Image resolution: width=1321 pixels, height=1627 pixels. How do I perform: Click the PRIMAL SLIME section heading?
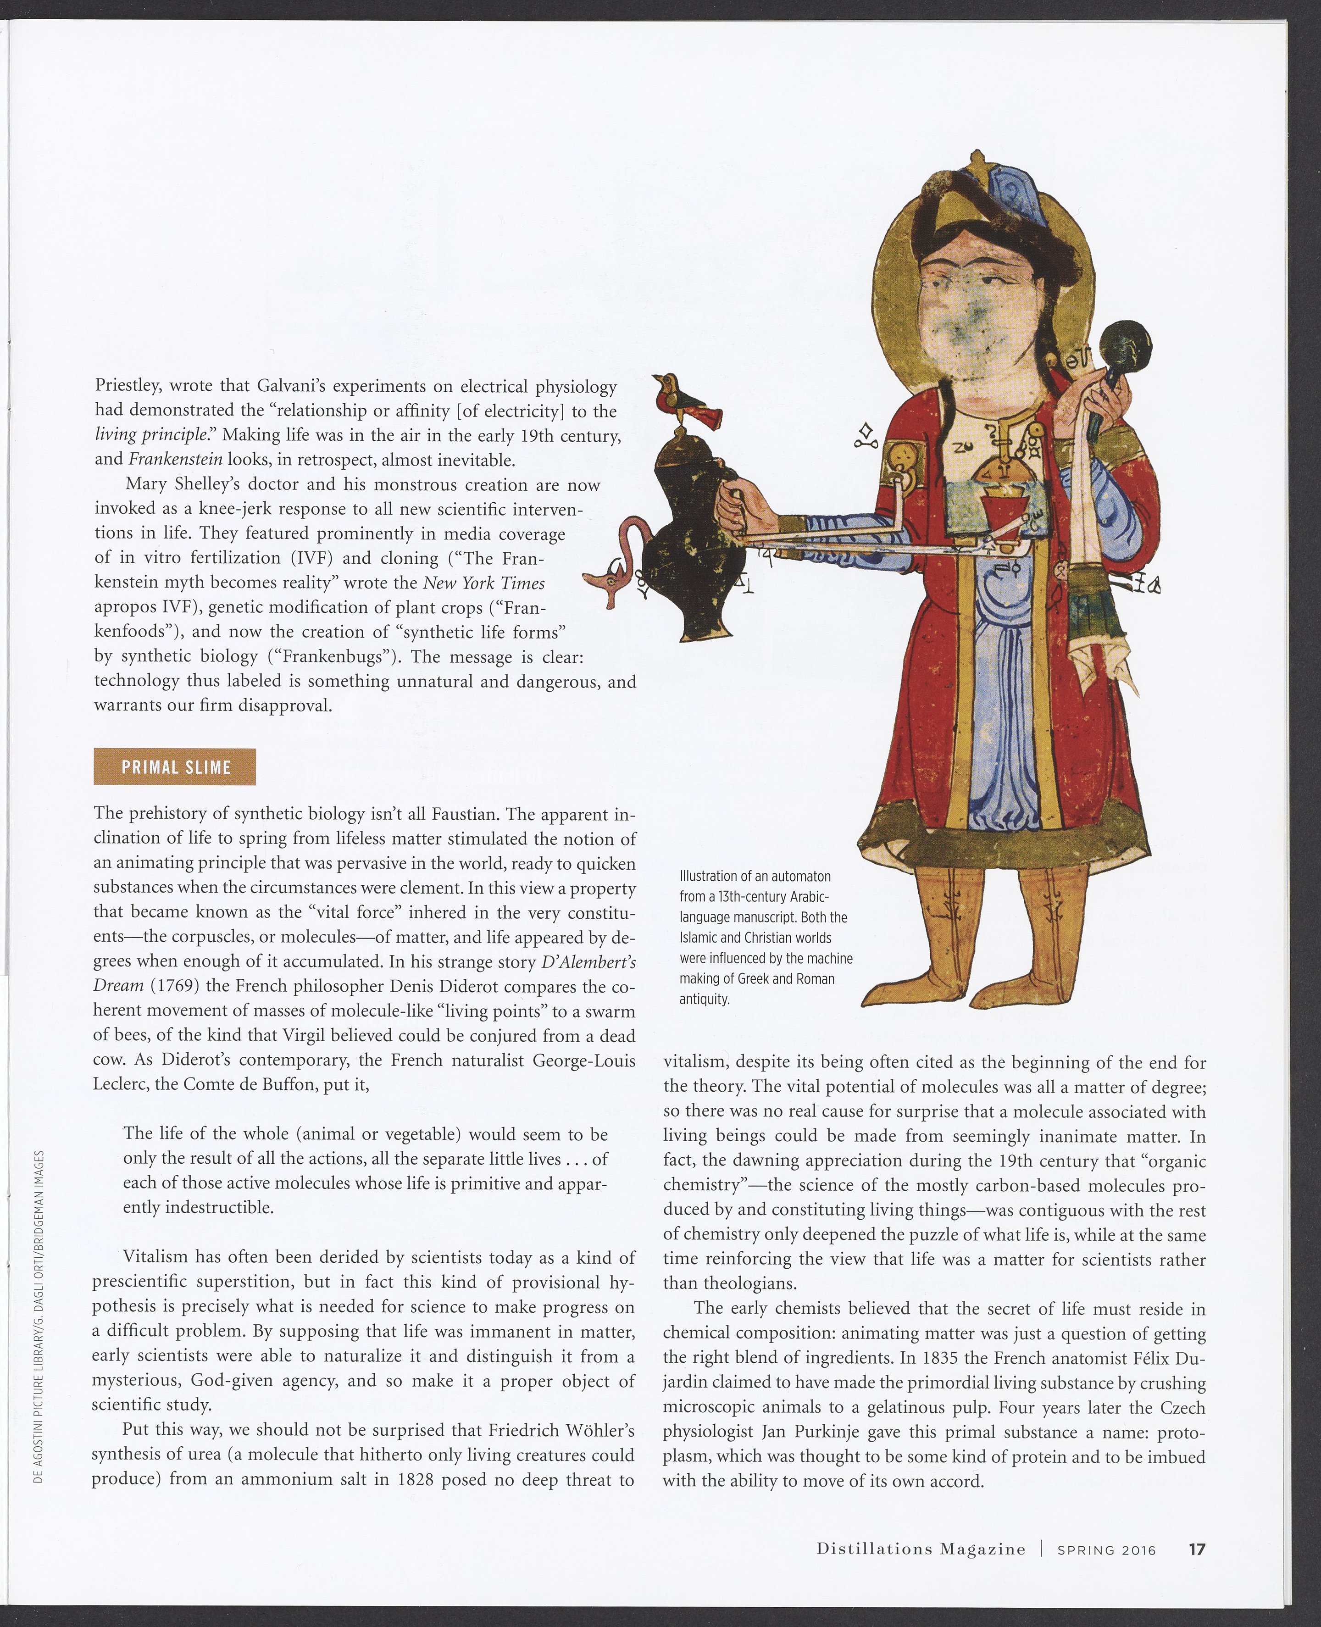pos(175,766)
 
